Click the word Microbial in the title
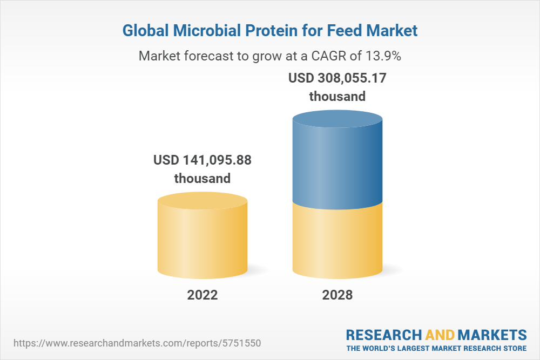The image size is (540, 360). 203,31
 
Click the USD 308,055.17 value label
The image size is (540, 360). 337,78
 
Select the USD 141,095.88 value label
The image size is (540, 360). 202,160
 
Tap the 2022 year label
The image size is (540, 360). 202,295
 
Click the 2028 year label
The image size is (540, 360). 337,295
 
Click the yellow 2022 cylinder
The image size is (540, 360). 202,243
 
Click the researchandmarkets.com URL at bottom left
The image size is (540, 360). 140,343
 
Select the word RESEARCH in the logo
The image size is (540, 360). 384,334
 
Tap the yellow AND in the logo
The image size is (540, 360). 440,334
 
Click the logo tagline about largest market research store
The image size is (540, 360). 436,348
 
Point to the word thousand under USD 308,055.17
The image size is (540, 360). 337,97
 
